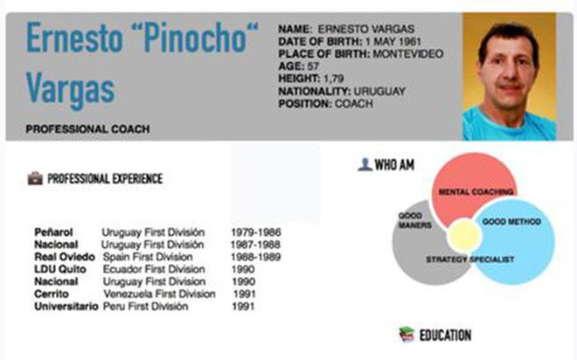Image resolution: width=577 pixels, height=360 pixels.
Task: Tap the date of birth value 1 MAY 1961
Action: pyautogui.click(x=393, y=42)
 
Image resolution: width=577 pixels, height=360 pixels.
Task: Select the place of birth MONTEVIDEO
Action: pyautogui.click(x=408, y=54)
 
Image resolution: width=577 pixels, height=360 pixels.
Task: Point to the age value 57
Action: pyautogui.click(x=313, y=66)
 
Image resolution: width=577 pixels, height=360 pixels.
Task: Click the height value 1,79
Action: pyautogui.click(x=333, y=79)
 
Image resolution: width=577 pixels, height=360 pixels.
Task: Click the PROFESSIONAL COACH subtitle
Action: pyautogui.click(x=87, y=129)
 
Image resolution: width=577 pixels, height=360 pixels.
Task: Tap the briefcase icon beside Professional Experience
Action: pyautogui.click(x=35, y=178)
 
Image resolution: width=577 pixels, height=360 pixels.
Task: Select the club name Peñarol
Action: pyautogui.click(x=53, y=232)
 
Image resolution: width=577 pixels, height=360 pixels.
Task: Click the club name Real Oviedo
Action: pyautogui.click(x=65, y=257)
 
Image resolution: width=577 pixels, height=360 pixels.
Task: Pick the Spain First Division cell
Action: pyautogui.click(x=148, y=257)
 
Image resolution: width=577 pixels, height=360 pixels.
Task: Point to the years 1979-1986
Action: pyautogui.click(x=256, y=232)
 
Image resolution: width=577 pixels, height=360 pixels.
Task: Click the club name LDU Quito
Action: pyautogui.click(x=60, y=269)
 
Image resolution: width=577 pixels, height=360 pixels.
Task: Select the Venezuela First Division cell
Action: pyautogui.click(x=159, y=294)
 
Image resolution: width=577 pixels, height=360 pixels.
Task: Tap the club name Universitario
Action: pyautogui.click(x=66, y=307)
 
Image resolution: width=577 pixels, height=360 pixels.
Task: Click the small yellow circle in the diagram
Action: pyautogui.click(x=464, y=236)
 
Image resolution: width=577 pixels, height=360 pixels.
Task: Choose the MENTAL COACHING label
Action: pyautogui.click(x=476, y=192)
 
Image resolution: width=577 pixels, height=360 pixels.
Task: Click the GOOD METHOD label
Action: pyautogui.click(x=511, y=222)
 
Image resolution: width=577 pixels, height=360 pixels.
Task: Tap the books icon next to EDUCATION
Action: pyautogui.click(x=407, y=335)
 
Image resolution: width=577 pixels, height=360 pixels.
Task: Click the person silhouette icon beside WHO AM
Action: pyautogui.click(x=365, y=165)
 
